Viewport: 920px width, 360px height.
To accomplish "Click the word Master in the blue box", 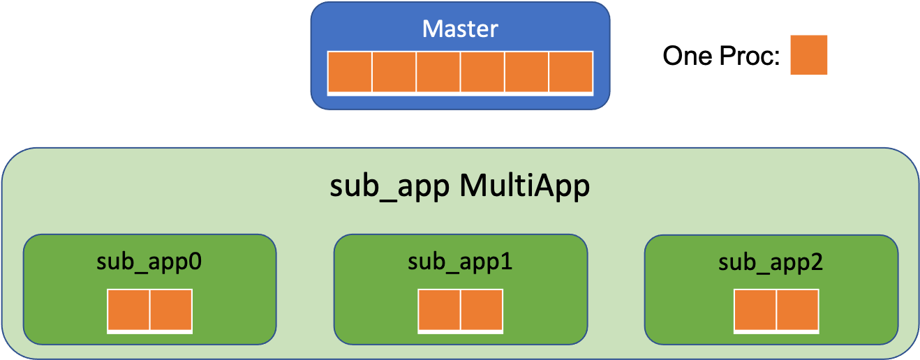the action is click(460, 29).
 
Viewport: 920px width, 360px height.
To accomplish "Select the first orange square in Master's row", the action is click(350, 72).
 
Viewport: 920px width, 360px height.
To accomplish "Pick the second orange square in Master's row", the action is click(394, 72).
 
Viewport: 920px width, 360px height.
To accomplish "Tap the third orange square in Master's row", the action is click(438, 72).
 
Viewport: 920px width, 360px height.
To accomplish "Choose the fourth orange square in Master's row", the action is click(482, 72).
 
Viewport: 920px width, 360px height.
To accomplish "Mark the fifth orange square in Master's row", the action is click(526, 72).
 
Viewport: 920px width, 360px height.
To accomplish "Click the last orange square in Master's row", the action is click(571, 72).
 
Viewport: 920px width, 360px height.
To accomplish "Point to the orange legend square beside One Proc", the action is click(809, 55).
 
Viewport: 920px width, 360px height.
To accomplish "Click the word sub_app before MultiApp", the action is click(389, 188).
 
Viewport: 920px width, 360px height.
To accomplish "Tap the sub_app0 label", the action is click(149, 262).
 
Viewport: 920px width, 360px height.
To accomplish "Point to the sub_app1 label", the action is click(460, 262).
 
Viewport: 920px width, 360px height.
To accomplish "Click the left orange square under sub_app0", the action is click(128, 310).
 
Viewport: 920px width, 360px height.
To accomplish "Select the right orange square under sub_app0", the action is click(171, 310).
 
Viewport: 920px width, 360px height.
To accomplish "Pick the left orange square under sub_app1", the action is click(439, 310).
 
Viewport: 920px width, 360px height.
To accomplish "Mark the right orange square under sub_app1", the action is click(482, 310).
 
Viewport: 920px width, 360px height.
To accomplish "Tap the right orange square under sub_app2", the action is click(798, 310).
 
